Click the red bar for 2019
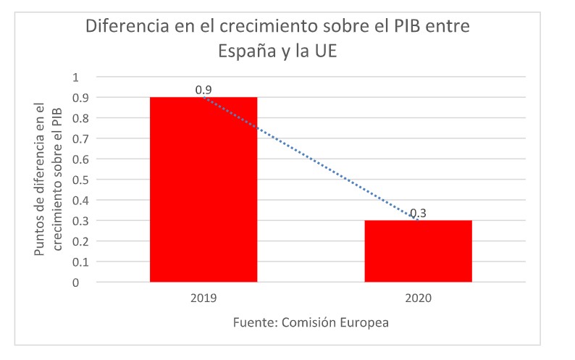coord(203,189)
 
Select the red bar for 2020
coord(418,251)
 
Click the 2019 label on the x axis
coord(203,298)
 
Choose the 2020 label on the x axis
coord(418,298)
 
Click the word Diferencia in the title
coord(123,28)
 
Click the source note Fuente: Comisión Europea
coord(311,322)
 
